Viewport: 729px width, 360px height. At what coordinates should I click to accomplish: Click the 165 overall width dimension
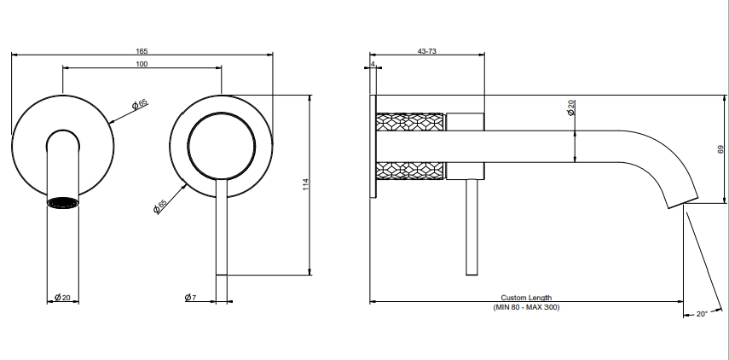(x=142, y=51)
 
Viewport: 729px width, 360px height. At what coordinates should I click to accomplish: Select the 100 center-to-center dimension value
(x=142, y=64)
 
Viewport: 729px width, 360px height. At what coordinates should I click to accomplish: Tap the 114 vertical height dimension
(x=305, y=184)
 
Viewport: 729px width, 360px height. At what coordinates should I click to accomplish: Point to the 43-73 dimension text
(x=427, y=51)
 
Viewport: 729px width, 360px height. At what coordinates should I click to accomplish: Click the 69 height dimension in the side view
(x=720, y=149)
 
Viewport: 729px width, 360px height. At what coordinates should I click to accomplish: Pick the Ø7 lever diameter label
(x=191, y=297)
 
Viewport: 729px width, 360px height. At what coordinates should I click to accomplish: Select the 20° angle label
(x=702, y=314)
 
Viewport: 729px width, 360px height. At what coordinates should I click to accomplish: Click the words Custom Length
(x=526, y=298)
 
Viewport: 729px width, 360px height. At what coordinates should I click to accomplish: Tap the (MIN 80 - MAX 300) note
(x=526, y=307)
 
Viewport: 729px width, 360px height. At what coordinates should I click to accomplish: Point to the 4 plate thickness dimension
(x=373, y=64)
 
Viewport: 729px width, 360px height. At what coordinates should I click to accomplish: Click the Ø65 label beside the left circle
(x=140, y=104)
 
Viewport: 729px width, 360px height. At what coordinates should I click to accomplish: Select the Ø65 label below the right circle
(x=160, y=206)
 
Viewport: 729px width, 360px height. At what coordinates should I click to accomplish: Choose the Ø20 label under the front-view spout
(x=62, y=297)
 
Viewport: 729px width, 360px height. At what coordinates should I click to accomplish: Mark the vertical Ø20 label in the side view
(x=571, y=107)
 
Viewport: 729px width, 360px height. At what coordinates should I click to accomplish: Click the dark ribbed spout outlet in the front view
(x=63, y=203)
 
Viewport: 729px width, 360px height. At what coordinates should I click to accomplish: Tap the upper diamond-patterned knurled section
(x=410, y=122)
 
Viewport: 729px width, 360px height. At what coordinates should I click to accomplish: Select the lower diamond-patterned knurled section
(x=410, y=171)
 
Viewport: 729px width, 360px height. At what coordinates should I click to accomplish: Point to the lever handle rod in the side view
(x=472, y=227)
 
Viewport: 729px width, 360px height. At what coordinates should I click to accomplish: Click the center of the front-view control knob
(x=222, y=146)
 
